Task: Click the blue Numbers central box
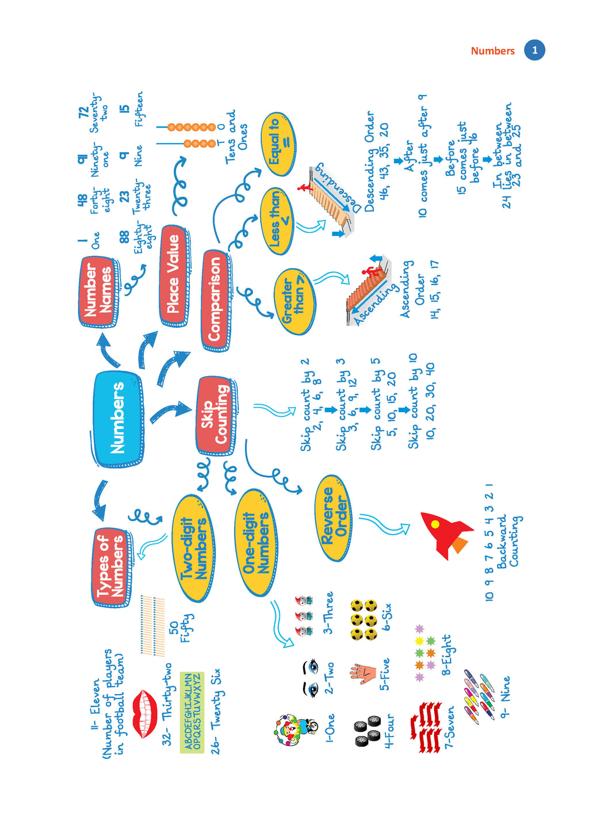point(117,418)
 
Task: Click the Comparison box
point(215,299)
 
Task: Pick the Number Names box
point(98,290)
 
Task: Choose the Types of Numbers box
point(110,566)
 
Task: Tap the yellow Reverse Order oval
point(334,517)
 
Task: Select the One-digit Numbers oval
point(256,543)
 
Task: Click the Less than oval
point(277,220)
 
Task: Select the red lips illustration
point(145,713)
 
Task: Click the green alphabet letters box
point(192,712)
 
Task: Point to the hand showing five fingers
point(363,672)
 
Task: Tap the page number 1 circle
point(534,50)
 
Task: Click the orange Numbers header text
point(492,51)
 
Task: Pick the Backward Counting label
point(508,540)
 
